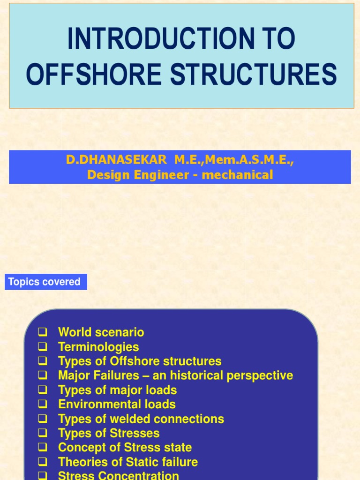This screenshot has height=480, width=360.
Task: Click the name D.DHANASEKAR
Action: tap(116, 160)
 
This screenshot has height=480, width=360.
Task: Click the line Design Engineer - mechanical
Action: tap(180, 175)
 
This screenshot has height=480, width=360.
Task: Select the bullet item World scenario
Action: tap(101, 332)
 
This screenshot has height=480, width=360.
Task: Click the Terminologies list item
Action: tap(98, 347)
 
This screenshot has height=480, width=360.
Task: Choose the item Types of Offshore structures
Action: tap(140, 361)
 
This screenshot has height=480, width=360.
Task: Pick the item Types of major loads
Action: tap(117, 390)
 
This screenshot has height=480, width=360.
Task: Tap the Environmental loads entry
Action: tap(117, 405)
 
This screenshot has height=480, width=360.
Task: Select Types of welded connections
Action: tap(141, 419)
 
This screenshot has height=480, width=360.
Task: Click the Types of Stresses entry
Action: tap(109, 433)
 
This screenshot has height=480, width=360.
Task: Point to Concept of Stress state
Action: tap(125, 448)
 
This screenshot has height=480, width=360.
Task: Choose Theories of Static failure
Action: tap(128, 462)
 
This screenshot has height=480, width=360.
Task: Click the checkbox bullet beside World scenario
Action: tap(43, 332)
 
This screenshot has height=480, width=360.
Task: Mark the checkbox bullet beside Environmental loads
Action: tap(43, 405)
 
